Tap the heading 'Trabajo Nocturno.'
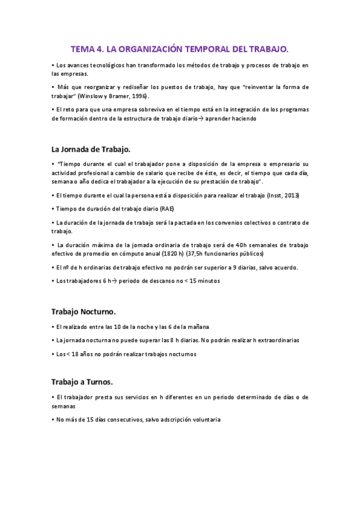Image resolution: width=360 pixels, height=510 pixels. coord(84,312)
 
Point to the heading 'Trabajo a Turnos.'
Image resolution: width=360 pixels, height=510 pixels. coord(82,381)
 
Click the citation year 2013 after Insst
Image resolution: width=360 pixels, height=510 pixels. coord(290,195)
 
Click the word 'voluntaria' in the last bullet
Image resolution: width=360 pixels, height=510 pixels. coord(205,419)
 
